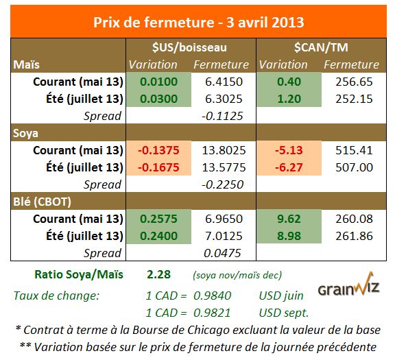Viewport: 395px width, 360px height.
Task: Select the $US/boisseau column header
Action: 190,47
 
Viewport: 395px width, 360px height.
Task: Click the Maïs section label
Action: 28,64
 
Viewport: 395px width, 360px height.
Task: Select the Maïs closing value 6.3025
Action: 222,99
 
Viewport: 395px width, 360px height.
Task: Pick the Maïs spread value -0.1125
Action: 222,116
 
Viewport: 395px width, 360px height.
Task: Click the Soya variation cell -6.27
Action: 286,167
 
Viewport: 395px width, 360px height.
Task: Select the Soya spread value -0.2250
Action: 222,184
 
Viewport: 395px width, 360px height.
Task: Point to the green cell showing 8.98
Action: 286,235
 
